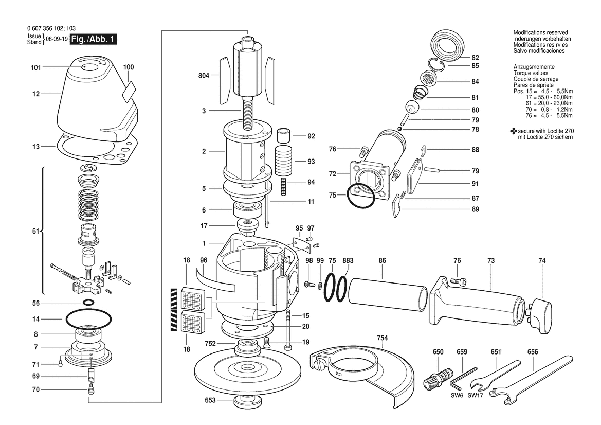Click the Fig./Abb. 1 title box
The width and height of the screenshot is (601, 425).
tap(93, 39)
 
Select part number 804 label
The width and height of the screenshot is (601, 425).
tap(204, 76)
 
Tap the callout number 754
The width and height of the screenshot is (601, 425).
tap(382, 338)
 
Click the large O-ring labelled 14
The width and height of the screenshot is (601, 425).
tap(88, 318)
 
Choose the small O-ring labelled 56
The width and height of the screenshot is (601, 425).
tap(88, 302)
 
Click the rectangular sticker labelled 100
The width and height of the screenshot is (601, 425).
tap(129, 91)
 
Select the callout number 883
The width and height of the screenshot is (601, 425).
tap(348, 260)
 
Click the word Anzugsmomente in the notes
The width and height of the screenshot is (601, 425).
tap(534, 67)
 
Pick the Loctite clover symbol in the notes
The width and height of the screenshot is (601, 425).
tap(514, 131)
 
